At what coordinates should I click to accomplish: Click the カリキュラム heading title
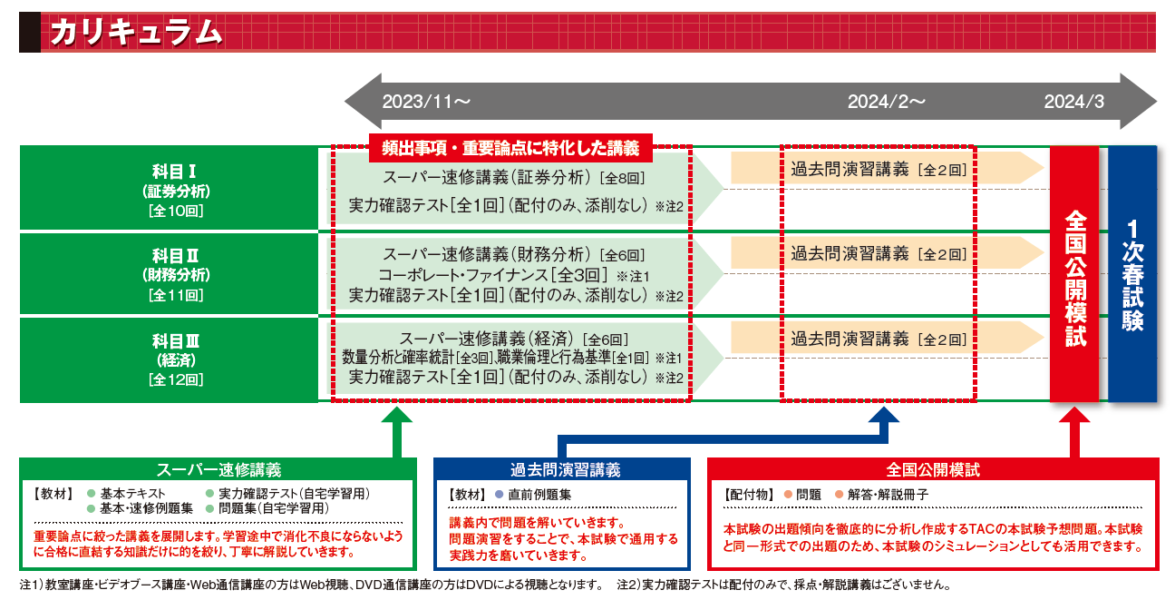(137, 32)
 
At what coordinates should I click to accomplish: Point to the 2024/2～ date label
(886, 102)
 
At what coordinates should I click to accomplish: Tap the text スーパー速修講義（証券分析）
(488, 177)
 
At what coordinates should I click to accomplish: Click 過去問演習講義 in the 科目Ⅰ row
(850, 170)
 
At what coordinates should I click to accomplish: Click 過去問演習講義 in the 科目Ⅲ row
(850, 339)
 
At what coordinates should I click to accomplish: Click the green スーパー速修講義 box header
(218, 470)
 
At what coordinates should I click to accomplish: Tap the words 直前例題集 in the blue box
(539, 495)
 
